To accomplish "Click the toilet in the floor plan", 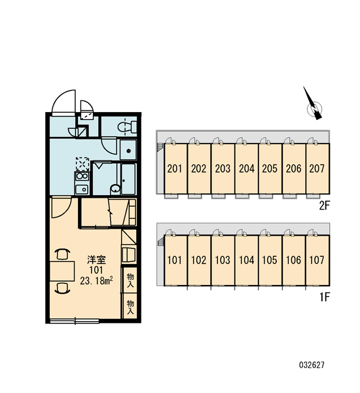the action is pos(127,126).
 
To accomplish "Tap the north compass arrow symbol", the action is pos(313,105).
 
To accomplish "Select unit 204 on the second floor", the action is pos(246,168).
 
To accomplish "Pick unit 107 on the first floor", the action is pos(317,260).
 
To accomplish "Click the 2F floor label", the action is pos(325,206).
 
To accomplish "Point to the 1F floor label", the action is pos(325,297).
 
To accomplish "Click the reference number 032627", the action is pos(312,365).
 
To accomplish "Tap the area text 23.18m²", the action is pos(96,280).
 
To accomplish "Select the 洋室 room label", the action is pos(96,260).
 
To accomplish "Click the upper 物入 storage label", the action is pos(130,280).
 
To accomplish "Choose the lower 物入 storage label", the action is pos(130,307).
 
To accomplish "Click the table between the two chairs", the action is pos(62,271).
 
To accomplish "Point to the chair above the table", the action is pos(62,254).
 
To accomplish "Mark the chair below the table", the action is pos(62,288).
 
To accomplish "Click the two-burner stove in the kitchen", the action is pos(82,176).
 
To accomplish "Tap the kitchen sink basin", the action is pos(82,189).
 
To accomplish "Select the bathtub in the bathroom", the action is pos(128,179).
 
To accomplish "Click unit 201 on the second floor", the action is pos(175,168).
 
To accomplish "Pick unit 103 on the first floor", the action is pos(223,260).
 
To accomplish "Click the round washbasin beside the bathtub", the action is pos(115,189).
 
